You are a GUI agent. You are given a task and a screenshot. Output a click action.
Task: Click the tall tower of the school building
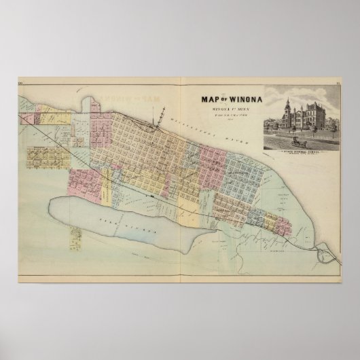pos(288,108)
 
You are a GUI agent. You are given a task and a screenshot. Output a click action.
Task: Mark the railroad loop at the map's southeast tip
pos(327,256)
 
